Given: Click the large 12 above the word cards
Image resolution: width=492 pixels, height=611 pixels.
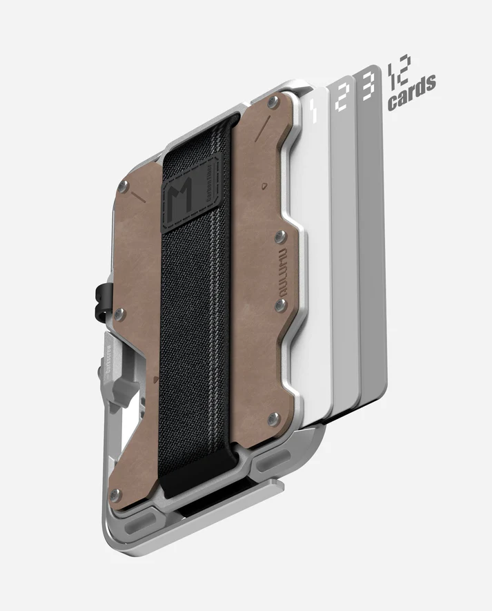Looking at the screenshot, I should (400, 70).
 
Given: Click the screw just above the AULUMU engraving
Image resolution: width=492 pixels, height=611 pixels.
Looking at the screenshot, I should (279, 237).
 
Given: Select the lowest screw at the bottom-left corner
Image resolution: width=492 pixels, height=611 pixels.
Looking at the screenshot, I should (117, 493).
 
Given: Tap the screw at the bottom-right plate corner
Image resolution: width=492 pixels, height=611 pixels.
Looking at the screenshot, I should (274, 417).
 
